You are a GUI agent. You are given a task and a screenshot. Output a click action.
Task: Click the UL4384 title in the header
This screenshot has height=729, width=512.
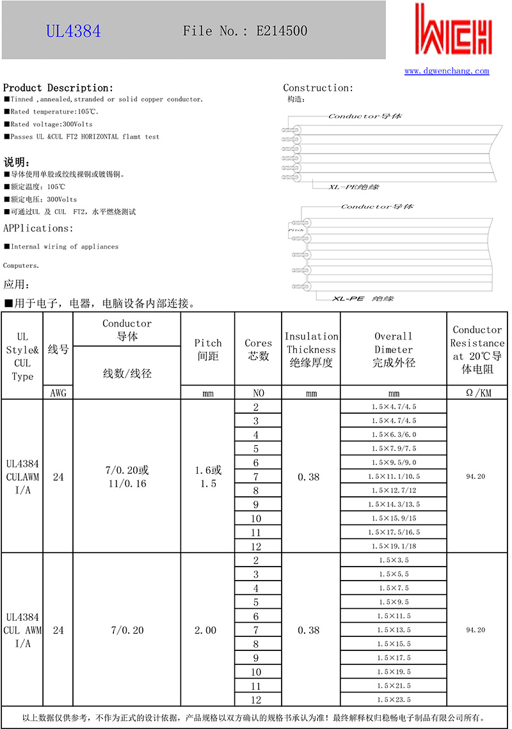pos(73,31)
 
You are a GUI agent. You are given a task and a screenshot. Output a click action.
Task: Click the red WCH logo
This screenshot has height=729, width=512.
pos(453,31)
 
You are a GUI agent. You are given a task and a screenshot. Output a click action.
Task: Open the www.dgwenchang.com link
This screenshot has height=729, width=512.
pos(447,71)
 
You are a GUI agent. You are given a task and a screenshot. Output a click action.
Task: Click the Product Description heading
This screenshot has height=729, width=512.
pos(58,88)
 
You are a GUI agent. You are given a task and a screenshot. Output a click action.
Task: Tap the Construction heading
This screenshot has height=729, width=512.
pos(318,88)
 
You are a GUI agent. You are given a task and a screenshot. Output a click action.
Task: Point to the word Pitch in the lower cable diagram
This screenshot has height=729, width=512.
pos(296,229)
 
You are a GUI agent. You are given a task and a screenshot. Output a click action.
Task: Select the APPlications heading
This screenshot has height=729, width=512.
pos(38,228)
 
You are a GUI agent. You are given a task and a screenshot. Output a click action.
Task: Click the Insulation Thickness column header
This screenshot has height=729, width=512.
pos(311,349)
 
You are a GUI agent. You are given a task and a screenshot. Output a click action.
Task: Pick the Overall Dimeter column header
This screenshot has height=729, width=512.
pos(394,349)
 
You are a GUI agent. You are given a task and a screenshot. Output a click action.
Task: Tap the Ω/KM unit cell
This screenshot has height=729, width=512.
pos(477,393)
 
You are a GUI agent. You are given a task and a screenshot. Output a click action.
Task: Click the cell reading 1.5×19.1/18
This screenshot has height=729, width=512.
pos(394,546)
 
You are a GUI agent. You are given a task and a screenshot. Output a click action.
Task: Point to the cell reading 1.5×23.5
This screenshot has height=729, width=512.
pos(394,700)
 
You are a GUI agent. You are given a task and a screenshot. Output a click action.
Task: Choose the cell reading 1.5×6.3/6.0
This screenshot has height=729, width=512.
pos(394,434)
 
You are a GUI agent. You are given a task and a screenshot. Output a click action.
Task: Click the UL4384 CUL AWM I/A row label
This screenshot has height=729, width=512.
pos(22,631)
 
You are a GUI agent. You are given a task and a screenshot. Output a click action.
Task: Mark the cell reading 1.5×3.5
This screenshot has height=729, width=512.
pos(394,560)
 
